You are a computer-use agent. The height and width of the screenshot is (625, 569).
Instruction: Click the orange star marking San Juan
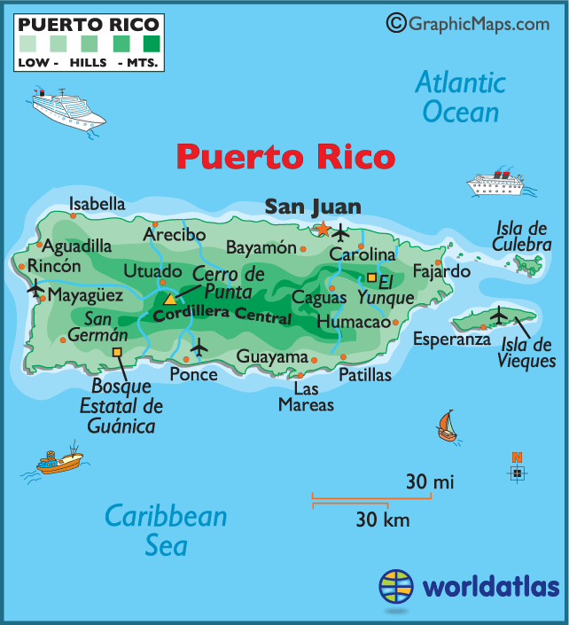point(323,229)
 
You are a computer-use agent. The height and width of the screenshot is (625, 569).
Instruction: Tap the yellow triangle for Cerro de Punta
point(169,298)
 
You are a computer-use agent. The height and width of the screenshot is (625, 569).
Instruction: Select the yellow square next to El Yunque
point(372,277)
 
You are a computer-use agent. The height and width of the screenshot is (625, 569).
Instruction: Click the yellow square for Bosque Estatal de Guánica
point(117,352)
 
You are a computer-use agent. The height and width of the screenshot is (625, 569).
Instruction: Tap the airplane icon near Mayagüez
point(35,288)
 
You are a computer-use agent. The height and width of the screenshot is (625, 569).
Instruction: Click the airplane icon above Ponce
point(199,347)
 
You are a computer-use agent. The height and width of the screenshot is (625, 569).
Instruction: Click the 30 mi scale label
point(430,482)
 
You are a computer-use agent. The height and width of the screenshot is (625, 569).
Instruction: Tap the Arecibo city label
point(175,234)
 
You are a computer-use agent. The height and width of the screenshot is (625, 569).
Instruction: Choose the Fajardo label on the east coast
point(440,270)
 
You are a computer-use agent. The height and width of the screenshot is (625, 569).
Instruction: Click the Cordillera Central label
point(222,313)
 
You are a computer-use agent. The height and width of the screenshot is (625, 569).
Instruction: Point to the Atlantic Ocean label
point(461,98)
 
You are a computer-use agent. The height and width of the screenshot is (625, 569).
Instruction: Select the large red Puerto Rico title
point(284,157)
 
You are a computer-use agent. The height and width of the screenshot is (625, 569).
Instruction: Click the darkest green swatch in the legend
point(152,42)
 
